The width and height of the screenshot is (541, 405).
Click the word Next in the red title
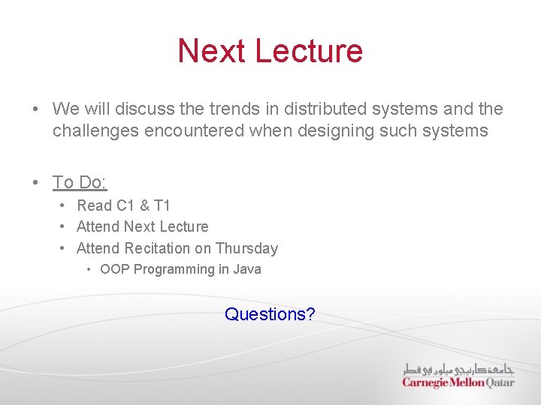click(x=212, y=51)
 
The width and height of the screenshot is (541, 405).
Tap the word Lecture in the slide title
click(x=309, y=51)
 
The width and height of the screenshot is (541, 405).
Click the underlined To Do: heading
click(x=80, y=182)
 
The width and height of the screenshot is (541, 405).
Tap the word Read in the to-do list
click(x=94, y=205)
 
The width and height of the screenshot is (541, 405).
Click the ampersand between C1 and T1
click(x=145, y=205)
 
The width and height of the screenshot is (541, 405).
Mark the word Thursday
click(x=246, y=248)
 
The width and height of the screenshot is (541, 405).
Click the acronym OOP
click(x=114, y=269)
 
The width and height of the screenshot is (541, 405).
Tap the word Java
click(x=247, y=269)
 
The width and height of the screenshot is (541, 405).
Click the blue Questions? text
click(x=270, y=314)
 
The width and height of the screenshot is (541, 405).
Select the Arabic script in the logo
click(x=458, y=369)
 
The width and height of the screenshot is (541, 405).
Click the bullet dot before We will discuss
click(x=36, y=109)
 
